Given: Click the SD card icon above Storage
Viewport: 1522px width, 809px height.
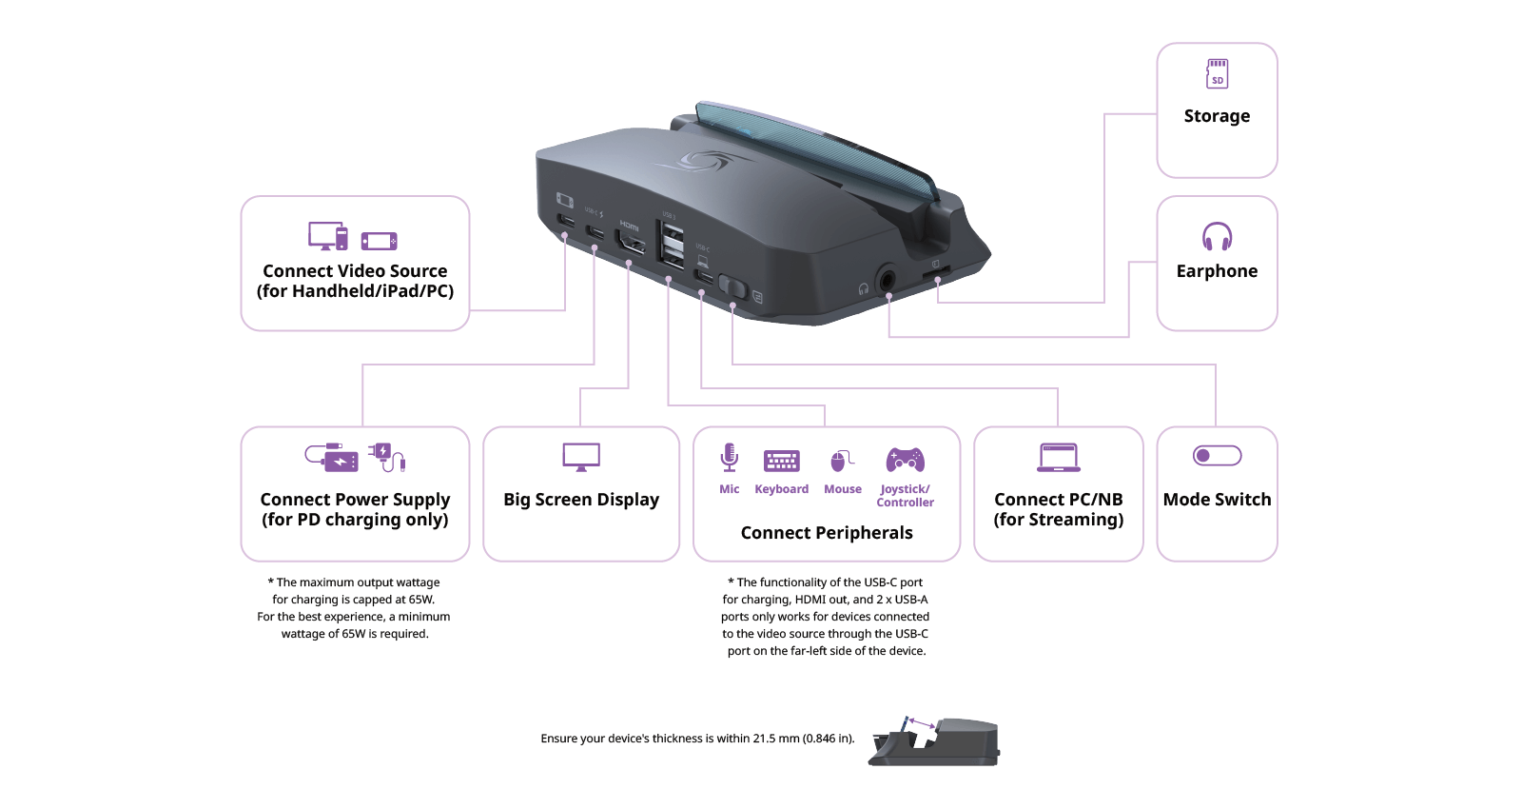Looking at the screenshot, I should pyautogui.click(x=1217, y=73).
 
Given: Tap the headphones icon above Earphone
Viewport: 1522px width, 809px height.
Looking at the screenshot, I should pyautogui.click(x=1217, y=236).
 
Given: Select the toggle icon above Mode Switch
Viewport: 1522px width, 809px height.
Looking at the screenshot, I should pyautogui.click(x=1217, y=456).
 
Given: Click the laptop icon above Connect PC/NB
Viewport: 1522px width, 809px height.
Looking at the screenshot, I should pyautogui.click(x=1059, y=458).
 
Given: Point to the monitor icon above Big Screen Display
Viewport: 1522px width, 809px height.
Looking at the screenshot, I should pyautogui.click(x=581, y=457).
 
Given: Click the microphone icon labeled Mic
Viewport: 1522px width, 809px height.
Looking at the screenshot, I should pyautogui.click(x=730, y=458).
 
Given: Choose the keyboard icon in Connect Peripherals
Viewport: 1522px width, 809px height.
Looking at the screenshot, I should pyautogui.click(x=782, y=461).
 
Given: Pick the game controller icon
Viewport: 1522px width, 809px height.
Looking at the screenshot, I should pyautogui.click(x=905, y=460).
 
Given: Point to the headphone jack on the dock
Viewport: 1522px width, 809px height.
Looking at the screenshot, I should pyautogui.click(x=888, y=280).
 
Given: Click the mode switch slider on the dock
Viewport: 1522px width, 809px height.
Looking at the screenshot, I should pyautogui.click(x=732, y=286).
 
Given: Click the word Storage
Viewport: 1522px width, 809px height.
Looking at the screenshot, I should pyautogui.click(x=1217, y=116).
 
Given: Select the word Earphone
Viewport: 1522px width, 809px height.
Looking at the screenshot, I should pyautogui.click(x=1217, y=271).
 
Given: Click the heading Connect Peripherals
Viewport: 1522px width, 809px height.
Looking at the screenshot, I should pyautogui.click(x=827, y=533).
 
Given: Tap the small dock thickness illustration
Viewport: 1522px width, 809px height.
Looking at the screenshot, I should pyautogui.click(x=934, y=742).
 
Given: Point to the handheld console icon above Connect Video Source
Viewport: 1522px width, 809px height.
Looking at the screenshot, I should pyautogui.click(x=379, y=242).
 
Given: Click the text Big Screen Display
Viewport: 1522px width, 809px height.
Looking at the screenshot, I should pyautogui.click(x=581, y=500).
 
